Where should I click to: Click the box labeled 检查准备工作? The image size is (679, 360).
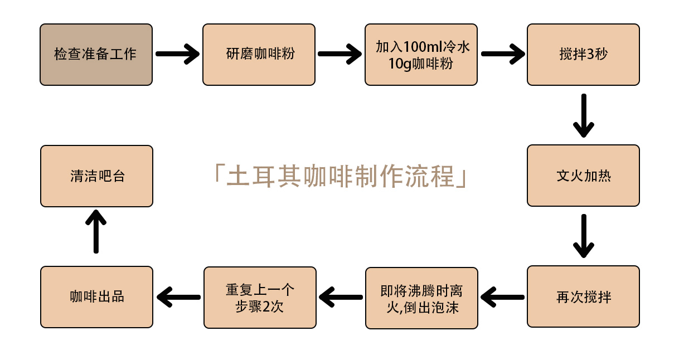tap(96, 55)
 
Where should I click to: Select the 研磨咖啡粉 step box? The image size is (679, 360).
tap(259, 55)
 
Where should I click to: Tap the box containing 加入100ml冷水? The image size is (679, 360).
tap(421, 55)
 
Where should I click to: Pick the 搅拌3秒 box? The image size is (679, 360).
tap(583, 55)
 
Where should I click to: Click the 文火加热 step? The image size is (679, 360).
tap(583, 176)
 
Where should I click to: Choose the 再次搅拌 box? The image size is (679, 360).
tap(583, 296)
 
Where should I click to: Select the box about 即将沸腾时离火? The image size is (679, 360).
tap(421, 298)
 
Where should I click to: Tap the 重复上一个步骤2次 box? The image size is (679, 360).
tap(260, 298)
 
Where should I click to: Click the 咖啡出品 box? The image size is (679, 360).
tap(96, 296)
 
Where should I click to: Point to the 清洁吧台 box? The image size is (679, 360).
tap(96, 176)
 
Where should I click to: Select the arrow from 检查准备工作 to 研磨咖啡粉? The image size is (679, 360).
tap(177, 54)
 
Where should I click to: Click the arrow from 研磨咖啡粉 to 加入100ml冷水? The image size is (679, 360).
tap(339, 54)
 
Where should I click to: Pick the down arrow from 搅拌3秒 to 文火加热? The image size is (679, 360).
tap(583, 115)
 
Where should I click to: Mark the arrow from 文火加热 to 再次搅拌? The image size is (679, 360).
tap(583, 236)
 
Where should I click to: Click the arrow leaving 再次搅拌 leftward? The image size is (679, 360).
tap(503, 297)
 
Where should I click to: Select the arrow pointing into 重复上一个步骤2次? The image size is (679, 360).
tap(341, 297)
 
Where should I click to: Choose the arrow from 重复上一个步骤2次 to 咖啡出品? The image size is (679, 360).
tap(178, 297)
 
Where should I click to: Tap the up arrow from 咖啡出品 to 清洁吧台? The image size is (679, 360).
tap(96, 231)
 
